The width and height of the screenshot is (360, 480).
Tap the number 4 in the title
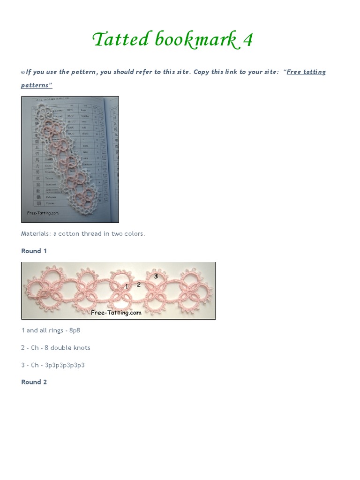(248, 40)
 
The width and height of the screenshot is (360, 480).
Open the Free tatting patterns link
(306, 72)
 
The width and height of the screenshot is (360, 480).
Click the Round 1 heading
(34, 251)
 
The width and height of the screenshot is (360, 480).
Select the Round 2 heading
(34, 382)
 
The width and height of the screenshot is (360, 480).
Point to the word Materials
(37, 233)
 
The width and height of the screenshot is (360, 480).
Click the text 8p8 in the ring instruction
(75, 330)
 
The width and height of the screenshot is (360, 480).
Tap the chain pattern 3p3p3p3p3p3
(65, 365)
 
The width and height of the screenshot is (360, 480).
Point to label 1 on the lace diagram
(127, 286)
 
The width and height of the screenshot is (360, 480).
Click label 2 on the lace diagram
(138, 284)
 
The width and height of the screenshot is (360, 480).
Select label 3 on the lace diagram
(156, 277)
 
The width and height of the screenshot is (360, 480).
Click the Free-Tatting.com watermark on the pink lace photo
(116, 312)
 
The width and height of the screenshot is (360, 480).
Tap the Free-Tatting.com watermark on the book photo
(43, 213)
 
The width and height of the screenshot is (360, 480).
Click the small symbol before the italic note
(23, 72)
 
